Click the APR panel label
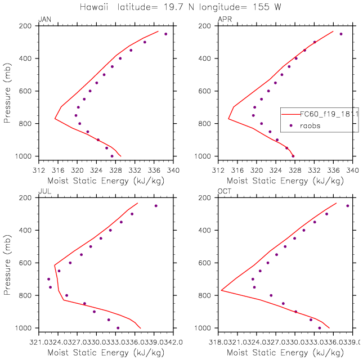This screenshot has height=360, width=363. tap(223, 20)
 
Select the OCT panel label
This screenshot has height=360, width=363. tap(223, 192)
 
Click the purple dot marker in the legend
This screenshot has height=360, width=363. tap(291, 126)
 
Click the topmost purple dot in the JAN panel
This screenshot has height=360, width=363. tap(165, 34)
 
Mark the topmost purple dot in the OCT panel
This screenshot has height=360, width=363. tap(347, 205)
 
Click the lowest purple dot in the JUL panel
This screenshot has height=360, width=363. tap(118, 328)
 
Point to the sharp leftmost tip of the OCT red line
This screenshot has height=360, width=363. tap(221, 290)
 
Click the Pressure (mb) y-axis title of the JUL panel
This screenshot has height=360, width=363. tap(8, 263)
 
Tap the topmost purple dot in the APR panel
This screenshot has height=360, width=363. tap(340, 34)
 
